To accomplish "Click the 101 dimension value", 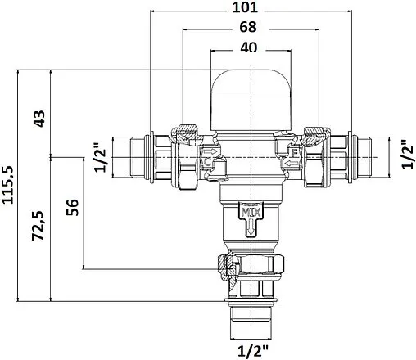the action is click(245, 7).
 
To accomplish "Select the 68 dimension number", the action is click(248, 27).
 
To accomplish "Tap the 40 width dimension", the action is click(248, 47).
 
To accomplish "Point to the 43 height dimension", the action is click(39, 119).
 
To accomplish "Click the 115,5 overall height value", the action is click(7, 185).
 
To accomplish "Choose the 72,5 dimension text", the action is click(38, 225).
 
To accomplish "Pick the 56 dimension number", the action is click(72, 207).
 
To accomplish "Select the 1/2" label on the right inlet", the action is click(408, 155).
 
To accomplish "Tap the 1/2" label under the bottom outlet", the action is click(253, 351).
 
